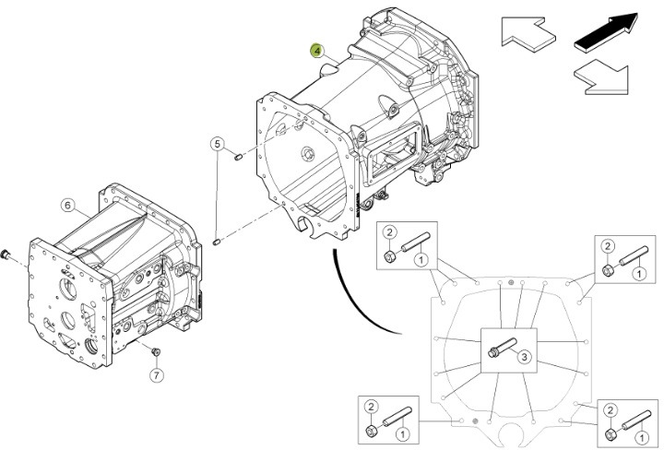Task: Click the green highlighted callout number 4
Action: [x=317, y=53]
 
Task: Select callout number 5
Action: [x=218, y=143]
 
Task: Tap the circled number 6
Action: [x=67, y=204]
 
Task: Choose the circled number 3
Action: [x=521, y=357]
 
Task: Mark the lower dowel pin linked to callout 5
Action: [x=217, y=242]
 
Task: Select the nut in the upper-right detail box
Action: [x=608, y=270]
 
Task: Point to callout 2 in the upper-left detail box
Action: [x=390, y=233]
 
